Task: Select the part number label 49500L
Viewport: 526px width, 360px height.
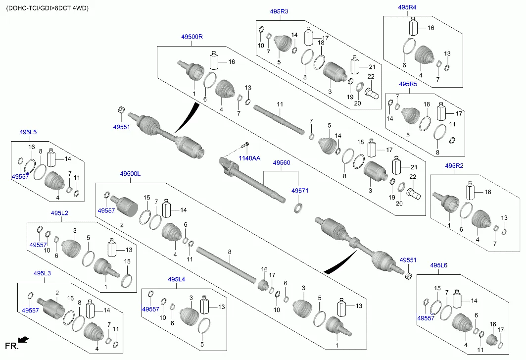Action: [130, 174]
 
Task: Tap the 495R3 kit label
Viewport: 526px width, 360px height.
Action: [279, 11]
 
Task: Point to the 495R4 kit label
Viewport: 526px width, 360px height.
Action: [407, 7]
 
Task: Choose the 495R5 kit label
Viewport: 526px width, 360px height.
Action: [408, 84]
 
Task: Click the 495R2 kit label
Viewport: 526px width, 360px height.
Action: [454, 165]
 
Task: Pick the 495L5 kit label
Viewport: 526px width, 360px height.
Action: [28, 132]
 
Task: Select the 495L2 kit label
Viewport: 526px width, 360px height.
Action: [59, 213]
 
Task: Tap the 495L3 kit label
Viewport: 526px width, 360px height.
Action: [42, 273]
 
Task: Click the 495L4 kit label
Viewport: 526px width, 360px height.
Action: [176, 280]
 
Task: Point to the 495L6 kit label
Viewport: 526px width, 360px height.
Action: [438, 266]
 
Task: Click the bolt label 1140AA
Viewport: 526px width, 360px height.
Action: [249, 158]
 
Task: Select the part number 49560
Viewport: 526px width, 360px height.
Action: [282, 162]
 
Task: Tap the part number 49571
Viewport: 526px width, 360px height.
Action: [300, 190]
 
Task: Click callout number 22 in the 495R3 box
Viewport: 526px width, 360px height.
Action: [371, 76]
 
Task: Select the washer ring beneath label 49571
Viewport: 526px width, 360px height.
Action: [299, 206]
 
